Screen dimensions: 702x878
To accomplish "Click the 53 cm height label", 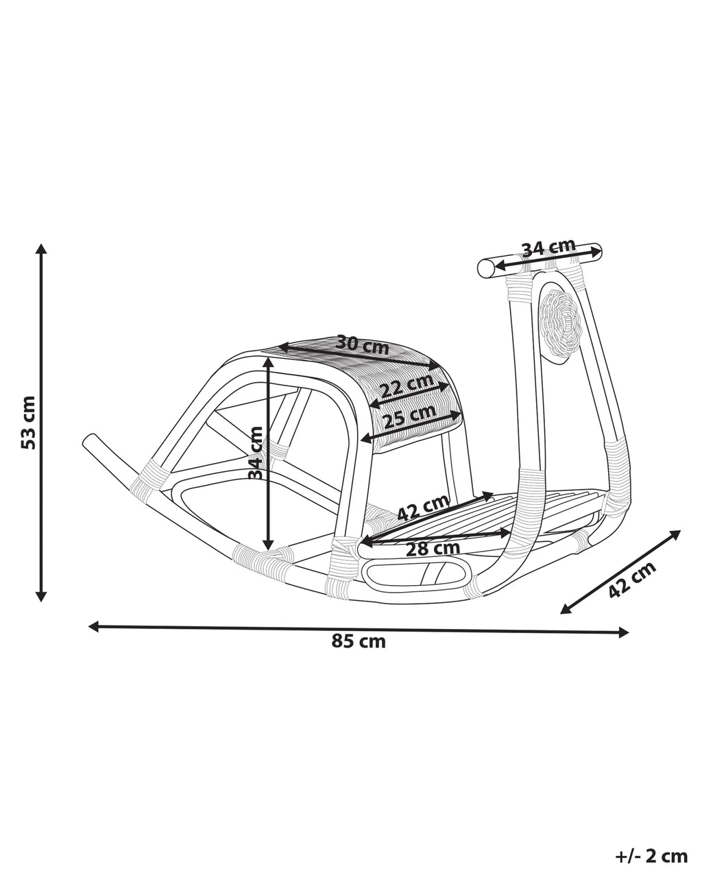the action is click(28, 422).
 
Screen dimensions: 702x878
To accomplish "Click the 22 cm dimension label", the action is click(407, 385).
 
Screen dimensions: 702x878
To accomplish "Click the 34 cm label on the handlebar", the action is click(549, 247).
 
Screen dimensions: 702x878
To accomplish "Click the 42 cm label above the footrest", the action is click(424, 508).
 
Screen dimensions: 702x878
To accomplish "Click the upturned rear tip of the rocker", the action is click(88, 440).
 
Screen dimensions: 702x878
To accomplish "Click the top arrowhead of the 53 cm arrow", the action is click(40, 248).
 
